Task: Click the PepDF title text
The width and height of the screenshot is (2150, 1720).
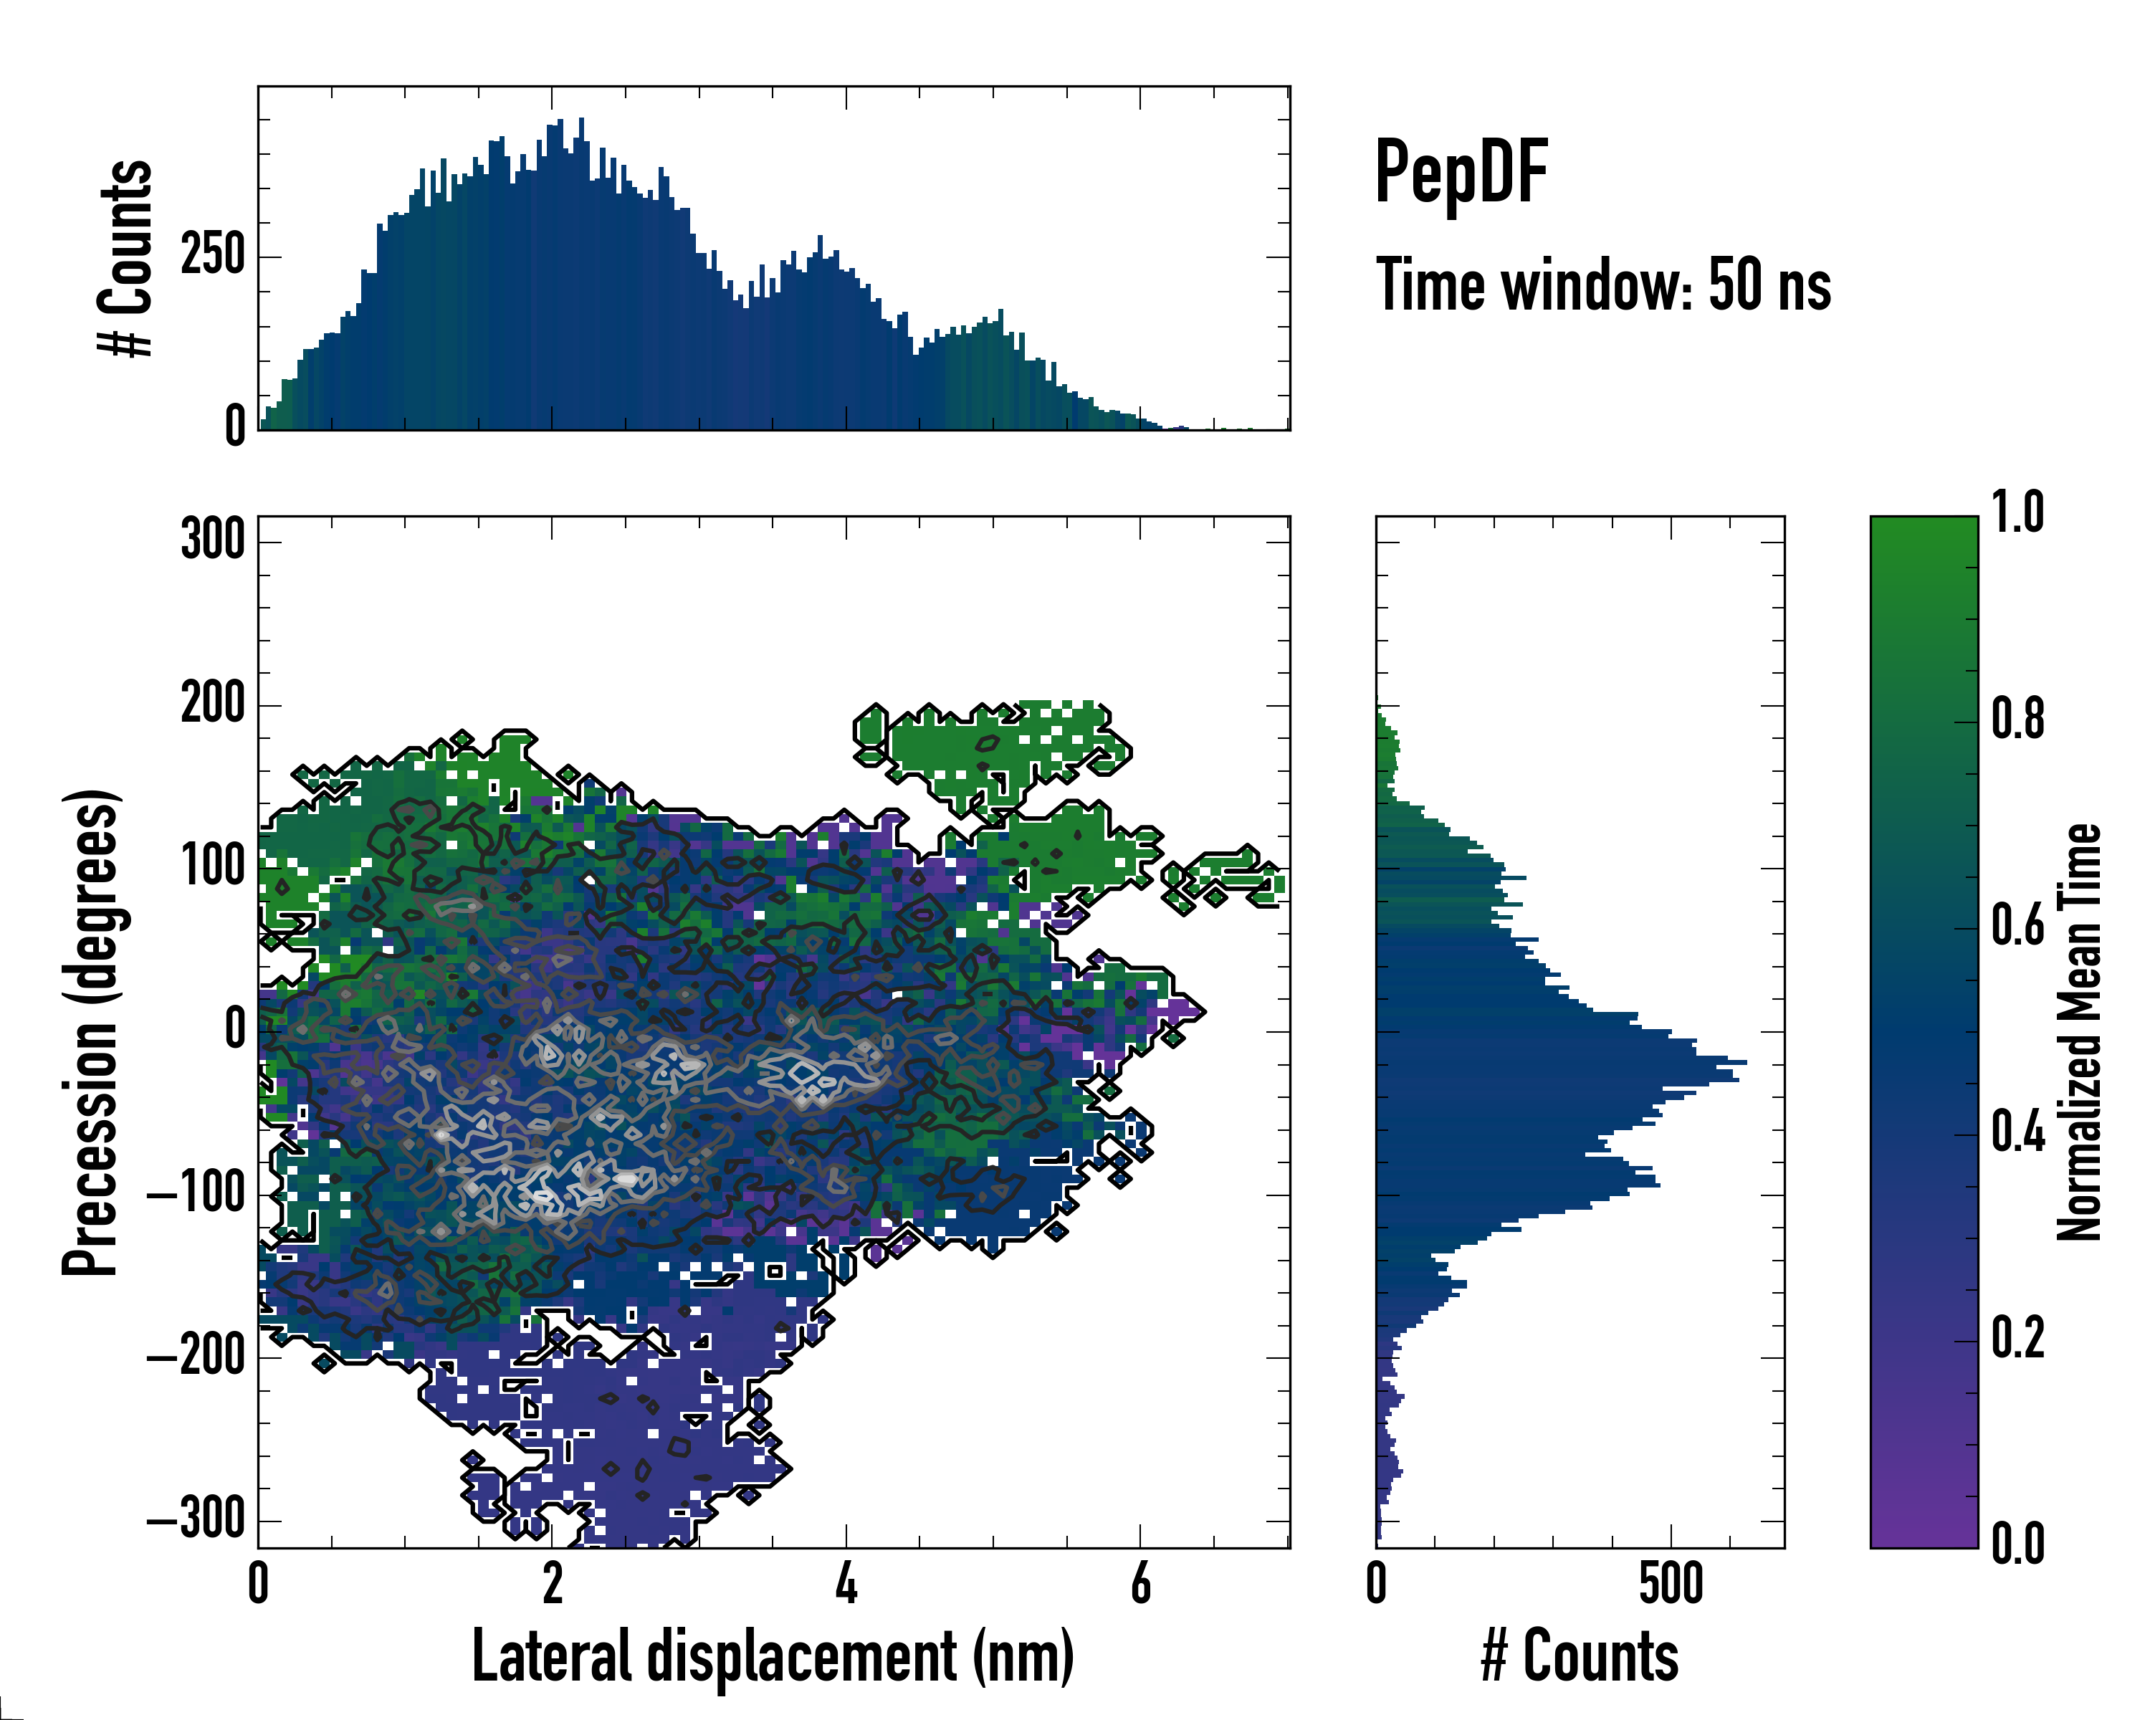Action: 1461,173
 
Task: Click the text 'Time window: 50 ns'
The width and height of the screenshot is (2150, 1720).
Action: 1602,285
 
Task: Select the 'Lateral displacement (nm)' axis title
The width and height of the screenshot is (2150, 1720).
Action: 773,1657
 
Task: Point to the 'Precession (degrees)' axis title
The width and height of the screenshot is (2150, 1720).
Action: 91,1032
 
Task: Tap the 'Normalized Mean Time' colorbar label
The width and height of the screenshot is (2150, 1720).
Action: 2079,1032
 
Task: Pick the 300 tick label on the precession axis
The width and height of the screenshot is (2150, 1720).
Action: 212,540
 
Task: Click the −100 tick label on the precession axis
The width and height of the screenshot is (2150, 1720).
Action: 196,1193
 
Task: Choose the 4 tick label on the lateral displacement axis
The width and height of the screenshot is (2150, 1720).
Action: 846,1583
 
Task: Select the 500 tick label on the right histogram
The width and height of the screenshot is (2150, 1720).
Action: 1671,1583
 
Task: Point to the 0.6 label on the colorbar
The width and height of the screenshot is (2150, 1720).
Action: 2017,925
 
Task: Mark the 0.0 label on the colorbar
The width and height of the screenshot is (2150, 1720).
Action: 2017,1544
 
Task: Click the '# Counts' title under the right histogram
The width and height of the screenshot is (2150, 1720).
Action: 1580,1657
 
